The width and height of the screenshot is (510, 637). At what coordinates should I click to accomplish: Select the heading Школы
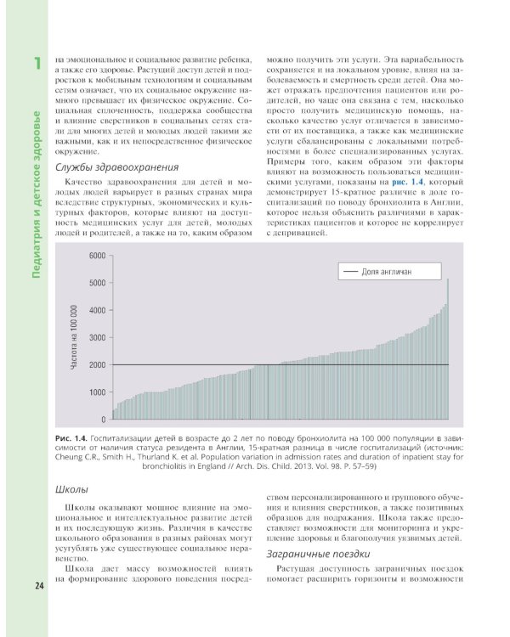71,490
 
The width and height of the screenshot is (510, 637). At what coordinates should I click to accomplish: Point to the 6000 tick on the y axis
97,256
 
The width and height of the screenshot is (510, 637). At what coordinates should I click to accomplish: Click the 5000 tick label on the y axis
97,283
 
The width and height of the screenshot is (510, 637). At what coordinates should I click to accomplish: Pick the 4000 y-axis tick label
97,310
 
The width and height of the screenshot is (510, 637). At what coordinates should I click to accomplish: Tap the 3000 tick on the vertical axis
97,338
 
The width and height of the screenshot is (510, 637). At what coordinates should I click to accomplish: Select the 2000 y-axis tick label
97,365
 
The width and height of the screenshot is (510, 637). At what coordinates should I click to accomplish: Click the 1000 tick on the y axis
97,392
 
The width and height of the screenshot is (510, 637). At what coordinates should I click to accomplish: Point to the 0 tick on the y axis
103,420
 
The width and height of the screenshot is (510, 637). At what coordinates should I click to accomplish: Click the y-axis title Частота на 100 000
74,337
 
